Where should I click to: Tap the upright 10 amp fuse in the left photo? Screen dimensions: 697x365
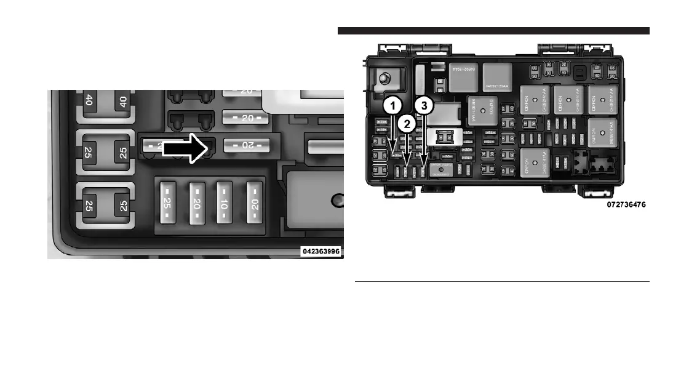click(224, 203)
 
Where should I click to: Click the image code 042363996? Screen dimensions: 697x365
click(320, 251)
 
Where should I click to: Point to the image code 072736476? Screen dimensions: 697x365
click(626, 204)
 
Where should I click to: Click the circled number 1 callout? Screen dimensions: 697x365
click(393, 106)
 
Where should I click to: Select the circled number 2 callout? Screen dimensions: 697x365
click(405, 123)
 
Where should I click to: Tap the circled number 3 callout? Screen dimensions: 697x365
click(423, 106)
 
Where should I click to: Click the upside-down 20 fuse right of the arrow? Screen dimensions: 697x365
click(246, 145)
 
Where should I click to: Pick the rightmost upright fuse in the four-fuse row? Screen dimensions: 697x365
click(253, 203)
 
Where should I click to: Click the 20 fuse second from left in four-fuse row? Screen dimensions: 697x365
click(196, 203)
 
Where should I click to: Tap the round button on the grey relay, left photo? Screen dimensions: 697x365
click(336, 200)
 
